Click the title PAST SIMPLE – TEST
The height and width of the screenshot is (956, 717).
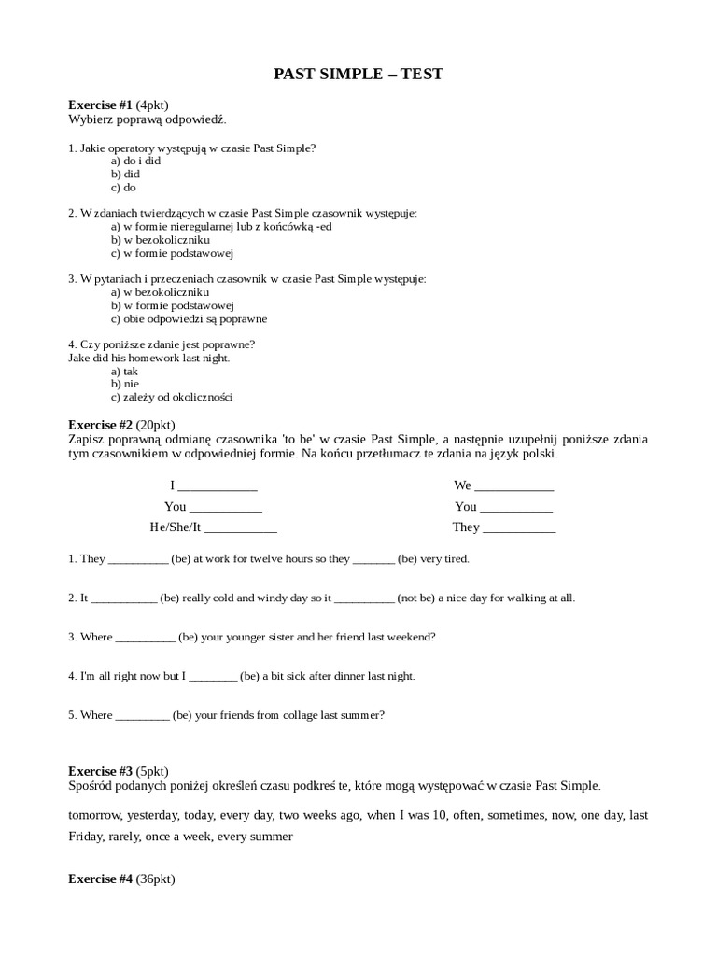coord(358,74)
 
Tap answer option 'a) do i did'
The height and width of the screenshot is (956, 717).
coord(135,161)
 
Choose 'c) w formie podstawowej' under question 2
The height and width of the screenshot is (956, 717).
coord(172,252)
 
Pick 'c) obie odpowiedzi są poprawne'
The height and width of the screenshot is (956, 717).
coord(189,318)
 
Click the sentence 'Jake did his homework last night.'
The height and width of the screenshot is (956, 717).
coord(149,358)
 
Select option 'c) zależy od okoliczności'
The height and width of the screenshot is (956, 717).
coord(172,397)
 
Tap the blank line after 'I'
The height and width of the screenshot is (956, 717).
coord(217,486)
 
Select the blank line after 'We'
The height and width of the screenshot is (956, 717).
coord(514,486)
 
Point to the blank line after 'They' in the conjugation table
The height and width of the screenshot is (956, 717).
coord(519,527)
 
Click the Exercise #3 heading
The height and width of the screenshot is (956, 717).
coord(101,771)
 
